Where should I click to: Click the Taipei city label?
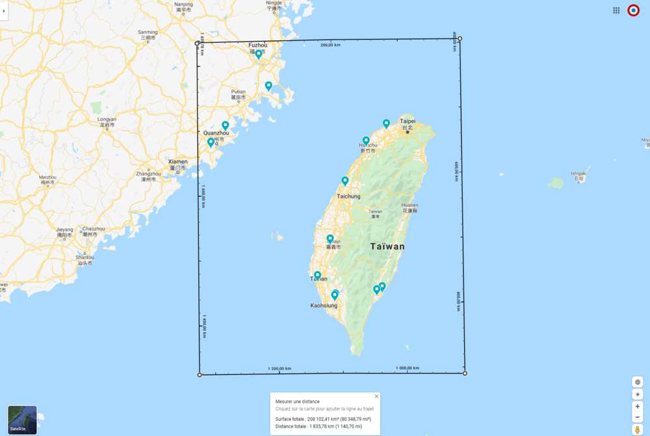408,122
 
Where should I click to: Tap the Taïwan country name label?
387,246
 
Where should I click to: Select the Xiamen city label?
177,162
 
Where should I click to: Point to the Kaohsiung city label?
324,305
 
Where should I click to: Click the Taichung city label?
348,196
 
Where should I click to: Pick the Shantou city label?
85,258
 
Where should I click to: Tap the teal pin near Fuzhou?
259,55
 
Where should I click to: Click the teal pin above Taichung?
345,181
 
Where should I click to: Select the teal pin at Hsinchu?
366,140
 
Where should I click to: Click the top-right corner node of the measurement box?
460,39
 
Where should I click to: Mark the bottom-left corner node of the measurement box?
200,374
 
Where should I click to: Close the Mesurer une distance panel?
376,396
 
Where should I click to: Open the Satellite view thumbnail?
22,420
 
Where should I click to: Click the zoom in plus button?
638,406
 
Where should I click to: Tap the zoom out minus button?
638,417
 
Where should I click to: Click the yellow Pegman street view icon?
638,430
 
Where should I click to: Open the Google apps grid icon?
616,10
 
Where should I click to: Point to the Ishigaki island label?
578,173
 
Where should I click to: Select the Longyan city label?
107,120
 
